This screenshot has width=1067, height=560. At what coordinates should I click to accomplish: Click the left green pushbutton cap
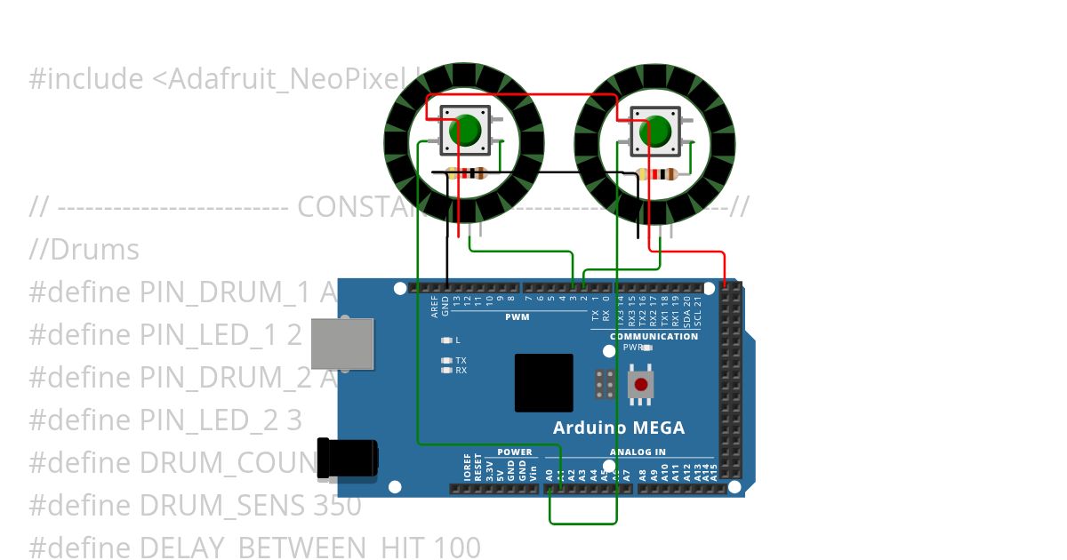pyautogui.click(x=464, y=131)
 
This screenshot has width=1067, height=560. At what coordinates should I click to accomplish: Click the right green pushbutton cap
pyautogui.click(x=655, y=132)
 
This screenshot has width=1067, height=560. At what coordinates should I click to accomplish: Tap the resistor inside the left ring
pyautogui.click(x=466, y=173)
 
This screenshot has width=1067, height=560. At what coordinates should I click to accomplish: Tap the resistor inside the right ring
pyautogui.click(x=658, y=174)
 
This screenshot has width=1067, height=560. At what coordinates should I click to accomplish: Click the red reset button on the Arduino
pyautogui.click(x=640, y=386)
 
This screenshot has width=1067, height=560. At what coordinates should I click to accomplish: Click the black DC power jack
pyautogui.click(x=348, y=460)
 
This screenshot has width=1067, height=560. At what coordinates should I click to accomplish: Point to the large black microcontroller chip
pyautogui.click(x=544, y=383)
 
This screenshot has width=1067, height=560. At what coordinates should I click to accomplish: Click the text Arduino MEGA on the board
pyautogui.click(x=619, y=428)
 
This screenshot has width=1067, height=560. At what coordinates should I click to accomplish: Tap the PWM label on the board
pyautogui.click(x=517, y=317)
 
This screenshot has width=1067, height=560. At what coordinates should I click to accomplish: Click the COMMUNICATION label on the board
pyautogui.click(x=654, y=337)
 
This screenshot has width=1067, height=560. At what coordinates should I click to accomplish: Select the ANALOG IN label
pyautogui.click(x=637, y=452)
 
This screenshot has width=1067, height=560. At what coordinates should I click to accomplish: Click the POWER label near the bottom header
pyautogui.click(x=515, y=452)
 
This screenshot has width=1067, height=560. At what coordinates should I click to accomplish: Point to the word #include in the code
pyautogui.click(x=85, y=79)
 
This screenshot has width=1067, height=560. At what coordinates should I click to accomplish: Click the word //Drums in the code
pyautogui.click(x=84, y=250)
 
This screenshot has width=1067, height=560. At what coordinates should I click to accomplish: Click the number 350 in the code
pyautogui.click(x=337, y=506)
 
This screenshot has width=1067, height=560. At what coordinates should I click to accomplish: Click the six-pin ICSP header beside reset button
pyautogui.click(x=606, y=384)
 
